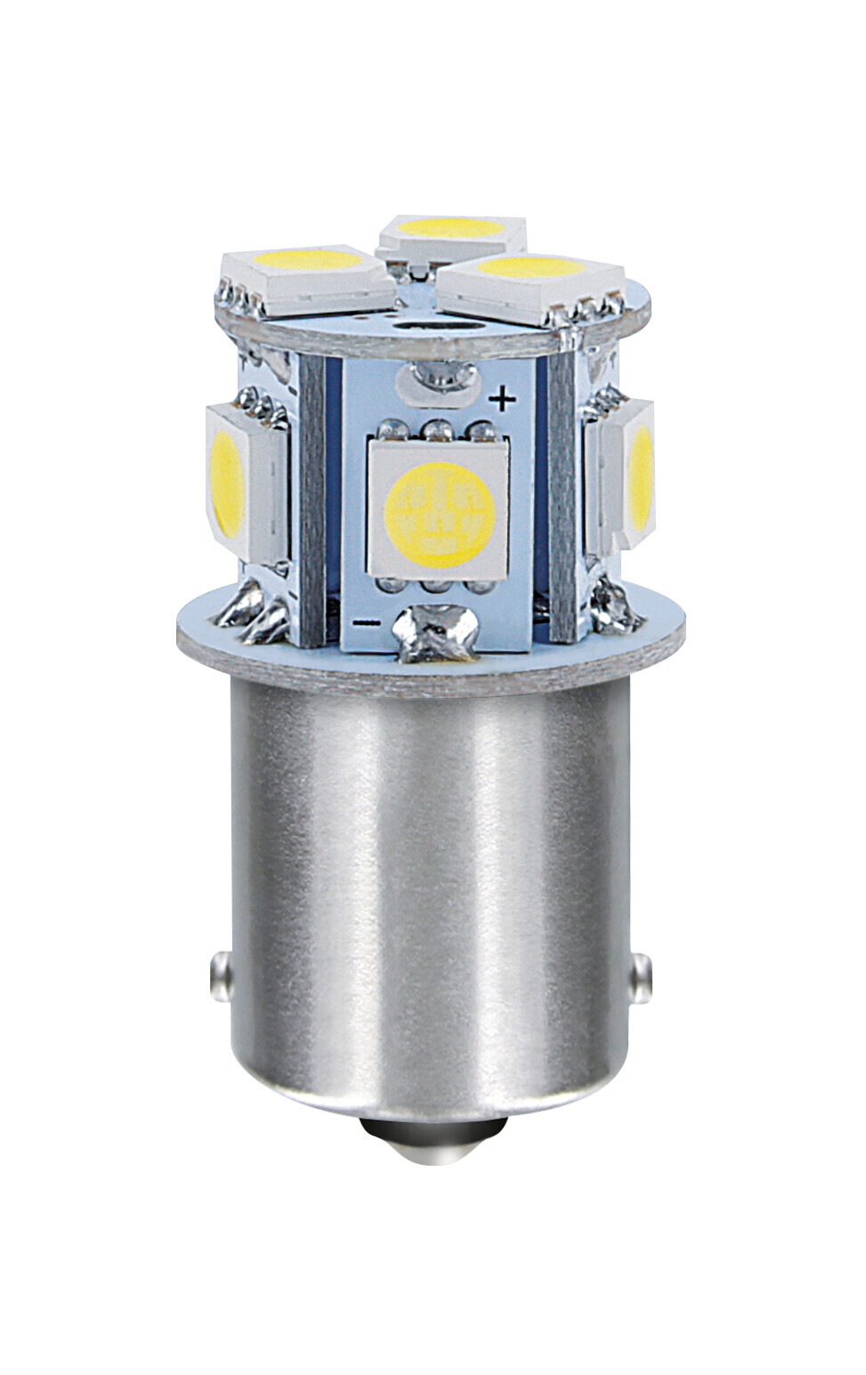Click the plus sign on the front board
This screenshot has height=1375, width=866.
[x=504, y=400]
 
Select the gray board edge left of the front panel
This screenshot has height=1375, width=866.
[x=312, y=499]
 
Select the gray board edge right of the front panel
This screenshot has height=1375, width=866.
[x=562, y=499]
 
